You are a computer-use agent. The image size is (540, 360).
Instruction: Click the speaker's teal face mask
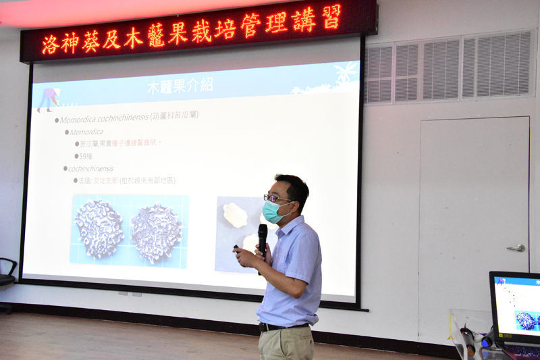coord(273,212)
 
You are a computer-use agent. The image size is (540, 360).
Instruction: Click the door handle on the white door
coord(516,248)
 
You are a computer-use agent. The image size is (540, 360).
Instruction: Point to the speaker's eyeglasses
coord(276,199)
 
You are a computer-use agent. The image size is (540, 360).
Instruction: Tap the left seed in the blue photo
coord(99,228)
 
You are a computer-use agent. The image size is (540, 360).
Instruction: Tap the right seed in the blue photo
coord(156,232)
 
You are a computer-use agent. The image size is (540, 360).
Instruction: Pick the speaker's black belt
coord(280,327)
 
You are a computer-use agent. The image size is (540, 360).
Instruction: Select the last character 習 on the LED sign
coord(331,18)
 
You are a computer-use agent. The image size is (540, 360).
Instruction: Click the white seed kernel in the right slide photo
coord(235,215)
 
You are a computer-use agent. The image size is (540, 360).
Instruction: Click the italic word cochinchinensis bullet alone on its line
coord(91,168)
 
